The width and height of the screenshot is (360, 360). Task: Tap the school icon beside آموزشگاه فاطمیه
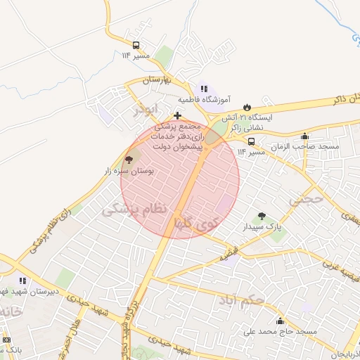coord(203,89)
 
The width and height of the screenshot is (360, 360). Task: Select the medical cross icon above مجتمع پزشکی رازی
coord(178,115)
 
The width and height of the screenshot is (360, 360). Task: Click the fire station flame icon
coord(246,107)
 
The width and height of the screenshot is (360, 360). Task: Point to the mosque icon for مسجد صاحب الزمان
coord(304,136)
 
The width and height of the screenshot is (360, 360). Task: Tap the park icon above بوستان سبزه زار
coord(129,160)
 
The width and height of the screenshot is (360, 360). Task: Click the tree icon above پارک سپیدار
coord(262,217)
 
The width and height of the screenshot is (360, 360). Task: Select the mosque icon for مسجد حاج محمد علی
coord(280,321)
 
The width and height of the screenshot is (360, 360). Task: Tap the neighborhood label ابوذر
coord(150,110)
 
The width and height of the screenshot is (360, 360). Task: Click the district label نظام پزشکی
coord(136,209)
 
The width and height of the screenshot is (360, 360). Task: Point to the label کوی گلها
coord(198,224)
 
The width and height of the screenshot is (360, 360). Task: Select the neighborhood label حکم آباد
coord(261,300)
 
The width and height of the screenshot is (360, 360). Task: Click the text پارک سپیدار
coord(262,228)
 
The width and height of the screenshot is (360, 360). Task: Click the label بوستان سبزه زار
coord(129,171)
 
